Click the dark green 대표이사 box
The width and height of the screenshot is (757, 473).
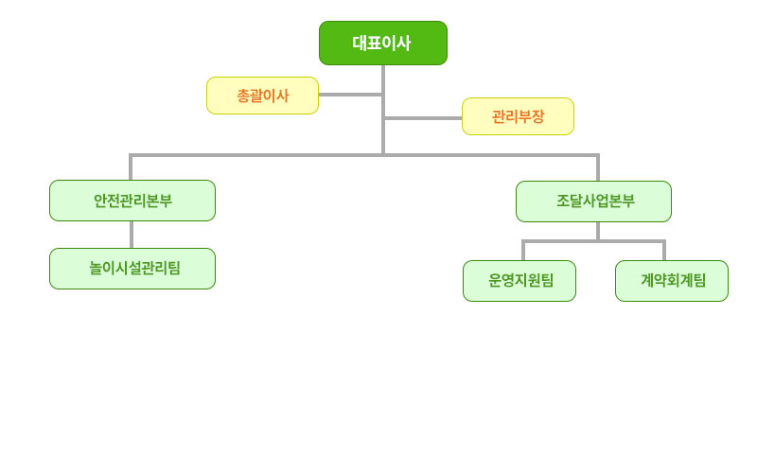click(x=383, y=43)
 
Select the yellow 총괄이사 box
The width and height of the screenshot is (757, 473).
click(x=263, y=96)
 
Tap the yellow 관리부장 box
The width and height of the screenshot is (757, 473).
click(x=518, y=116)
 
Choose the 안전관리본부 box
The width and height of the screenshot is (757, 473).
click(x=132, y=201)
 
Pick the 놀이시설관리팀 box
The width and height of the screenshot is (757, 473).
click(x=132, y=269)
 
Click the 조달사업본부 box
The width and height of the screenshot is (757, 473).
click(x=594, y=201)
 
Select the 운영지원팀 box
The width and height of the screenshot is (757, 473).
click(x=519, y=281)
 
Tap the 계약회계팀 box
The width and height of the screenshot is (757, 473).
click(x=672, y=281)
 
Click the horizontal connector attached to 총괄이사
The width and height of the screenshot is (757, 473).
click(x=350, y=95)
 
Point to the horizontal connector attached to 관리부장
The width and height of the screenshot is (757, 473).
click(x=423, y=117)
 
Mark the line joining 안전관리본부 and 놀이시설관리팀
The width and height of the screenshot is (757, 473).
click(x=132, y=235)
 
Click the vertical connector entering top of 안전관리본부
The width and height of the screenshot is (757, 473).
click(x=131, y=167)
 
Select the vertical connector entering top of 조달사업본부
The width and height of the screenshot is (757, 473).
click(x=598, y=167)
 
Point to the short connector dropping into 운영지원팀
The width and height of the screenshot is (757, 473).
click(x=523, y=250)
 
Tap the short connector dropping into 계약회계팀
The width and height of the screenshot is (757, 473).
click(x=664, y=250)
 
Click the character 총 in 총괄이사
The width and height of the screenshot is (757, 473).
click(x=243, y=96)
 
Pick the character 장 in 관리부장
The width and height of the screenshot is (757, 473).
click(x=537, y=116)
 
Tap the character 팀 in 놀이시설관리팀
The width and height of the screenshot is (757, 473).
click(x=174, y=268)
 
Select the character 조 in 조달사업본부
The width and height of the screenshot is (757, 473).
click(x=563, y=201)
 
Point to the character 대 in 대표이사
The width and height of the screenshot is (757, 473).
click(x=361, y=43)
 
